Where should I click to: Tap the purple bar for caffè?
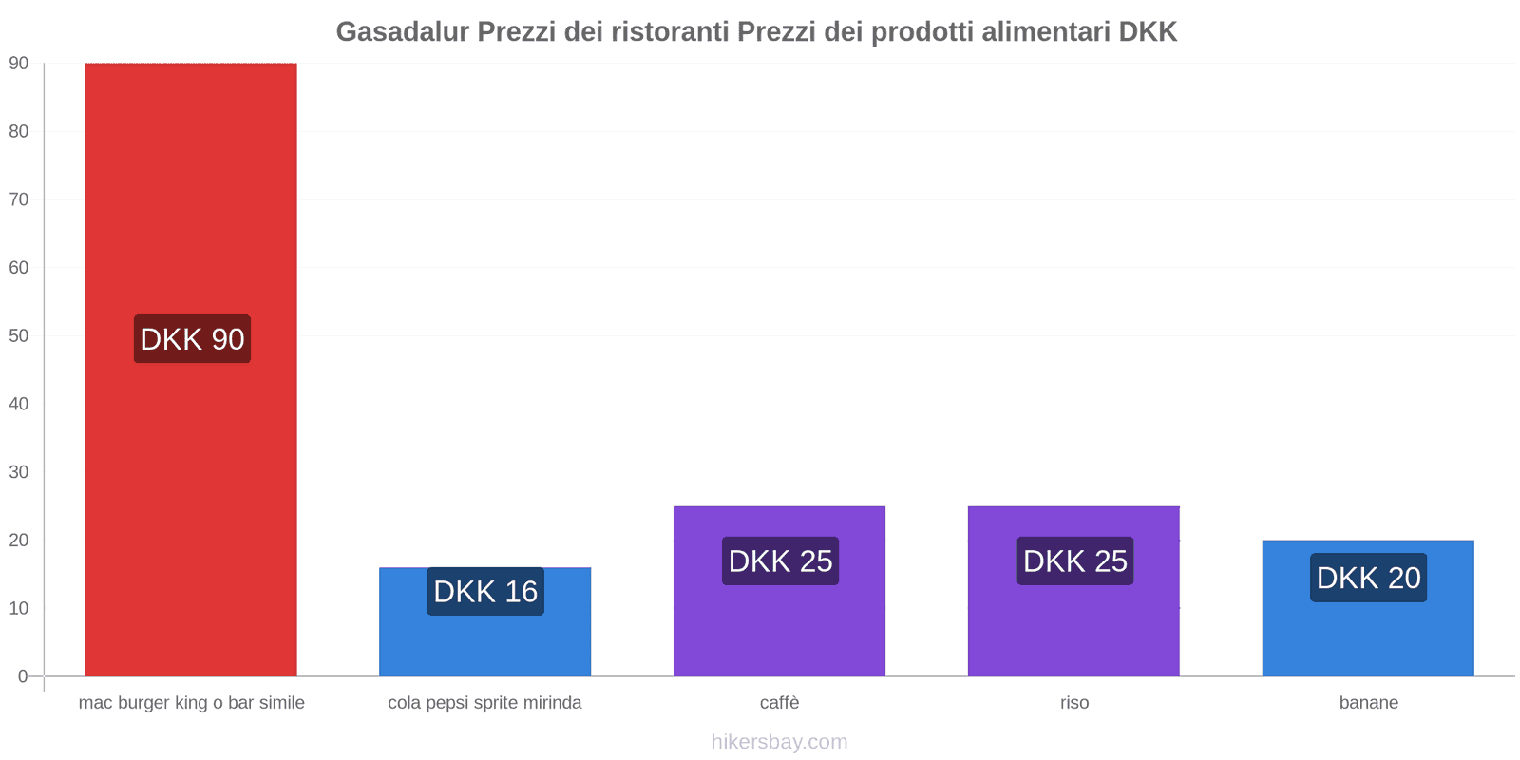779,627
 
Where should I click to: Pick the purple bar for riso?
1073,627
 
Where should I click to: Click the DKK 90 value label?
192,339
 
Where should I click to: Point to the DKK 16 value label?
485,592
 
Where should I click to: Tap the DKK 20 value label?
1368,578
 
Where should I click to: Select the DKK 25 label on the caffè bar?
780,561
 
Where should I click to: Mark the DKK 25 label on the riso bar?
1074,561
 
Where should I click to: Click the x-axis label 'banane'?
1368,703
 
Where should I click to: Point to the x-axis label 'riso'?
1074,703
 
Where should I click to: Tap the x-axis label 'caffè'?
779,703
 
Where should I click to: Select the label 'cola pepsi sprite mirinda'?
484,703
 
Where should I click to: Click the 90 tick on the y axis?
19,64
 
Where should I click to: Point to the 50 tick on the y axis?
19,335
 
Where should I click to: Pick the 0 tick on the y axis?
23,676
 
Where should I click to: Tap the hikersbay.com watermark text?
779,742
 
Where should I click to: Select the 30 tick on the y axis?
19,472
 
